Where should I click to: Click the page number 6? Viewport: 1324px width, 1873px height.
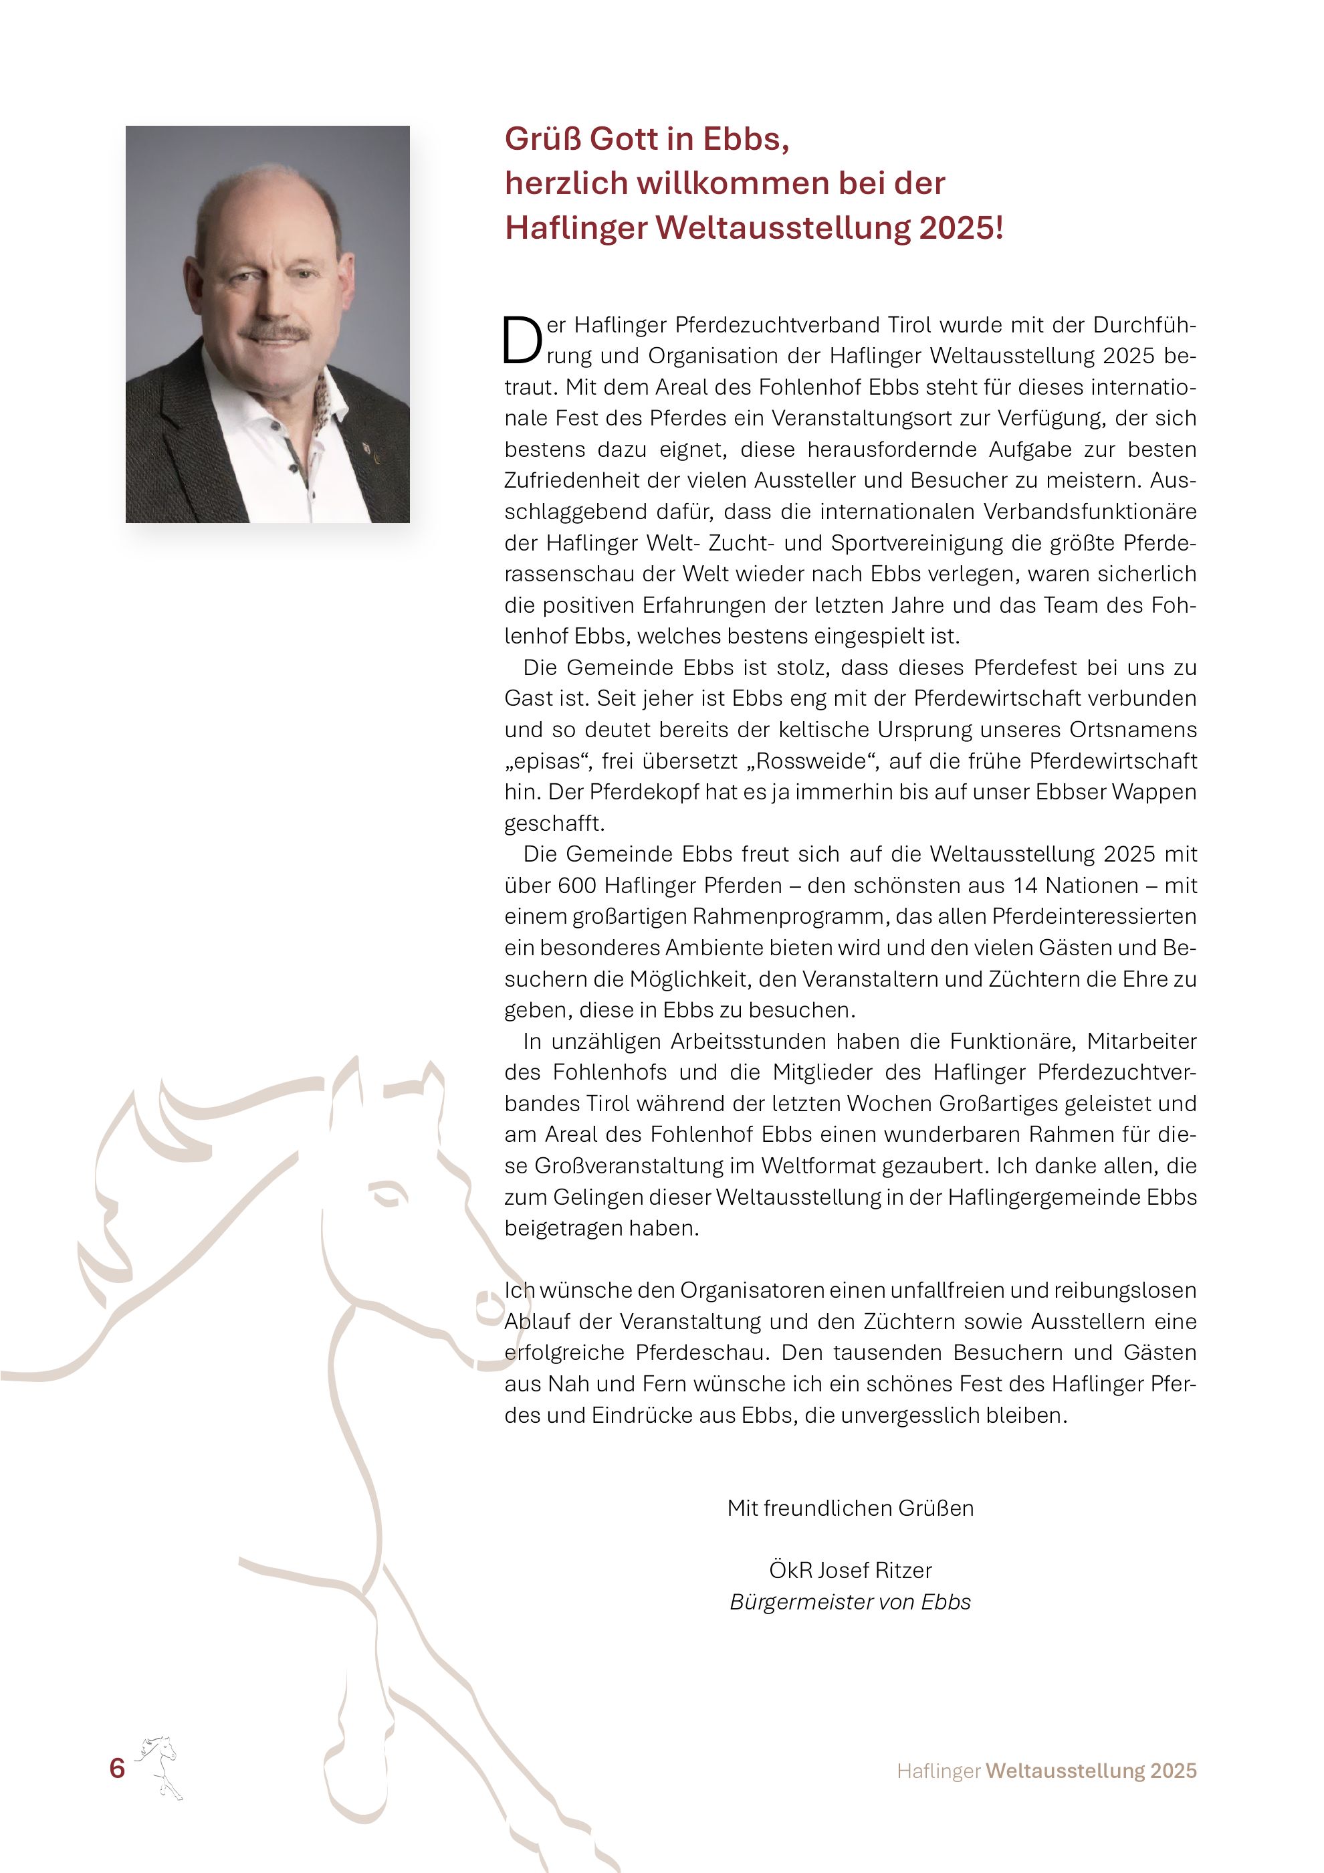coord(118,1768)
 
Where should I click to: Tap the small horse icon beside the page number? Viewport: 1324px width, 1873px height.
coord(160,1767)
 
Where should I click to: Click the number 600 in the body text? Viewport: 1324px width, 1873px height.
coord(577,886)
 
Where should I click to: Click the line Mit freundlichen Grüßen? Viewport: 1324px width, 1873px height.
coord(851,1508)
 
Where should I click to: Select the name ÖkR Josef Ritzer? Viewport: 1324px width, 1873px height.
coord(851,1571)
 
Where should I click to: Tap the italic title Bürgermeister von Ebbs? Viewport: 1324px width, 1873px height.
coord(851,1602)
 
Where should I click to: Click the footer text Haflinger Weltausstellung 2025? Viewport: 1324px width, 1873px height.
coord(1046,1771)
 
